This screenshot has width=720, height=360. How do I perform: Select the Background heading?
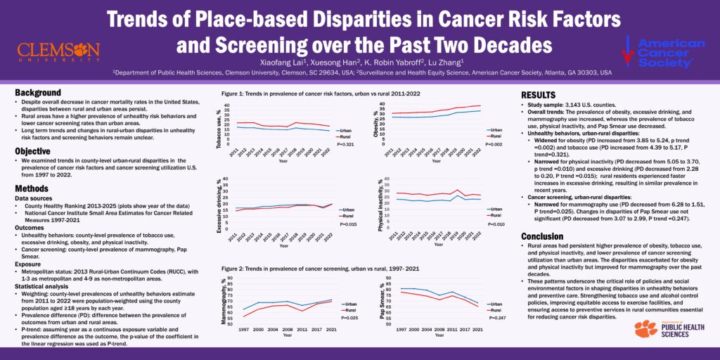(37, 93)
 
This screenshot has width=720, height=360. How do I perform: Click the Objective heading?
(34, 150)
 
